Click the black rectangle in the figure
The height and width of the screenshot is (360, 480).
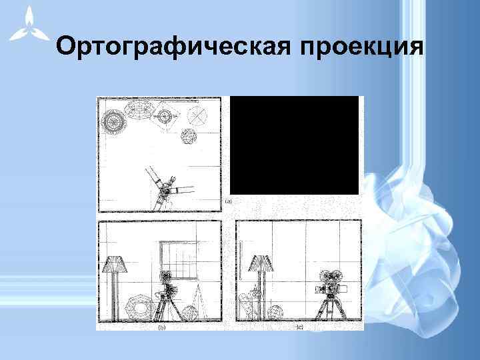[x=294, y=145]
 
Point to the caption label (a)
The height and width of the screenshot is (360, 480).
[x=228, y=201]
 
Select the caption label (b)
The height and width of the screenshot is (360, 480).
[x=161, y=327]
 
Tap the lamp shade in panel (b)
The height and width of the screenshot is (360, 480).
[x=115, y=265]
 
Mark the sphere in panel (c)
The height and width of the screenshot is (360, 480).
[x=275, y=313]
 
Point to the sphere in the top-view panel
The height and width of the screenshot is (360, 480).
[x=189, y=137]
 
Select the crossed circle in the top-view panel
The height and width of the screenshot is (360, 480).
[x=198, y=117]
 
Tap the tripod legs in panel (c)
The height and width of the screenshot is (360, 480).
[x=328, y=310]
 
